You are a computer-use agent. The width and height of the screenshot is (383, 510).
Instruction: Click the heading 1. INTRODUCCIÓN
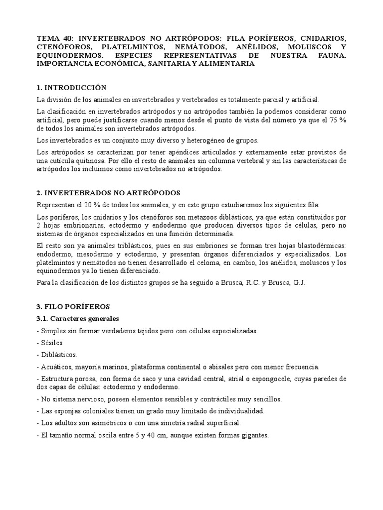[x=72, y=88]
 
